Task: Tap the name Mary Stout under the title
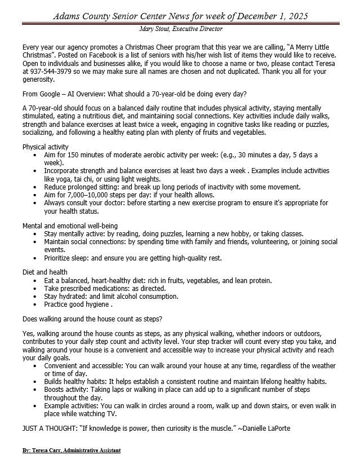pyautogui.click(x=154, y=28)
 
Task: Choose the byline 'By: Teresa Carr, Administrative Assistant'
pyautogui.click(x=71, y=451)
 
